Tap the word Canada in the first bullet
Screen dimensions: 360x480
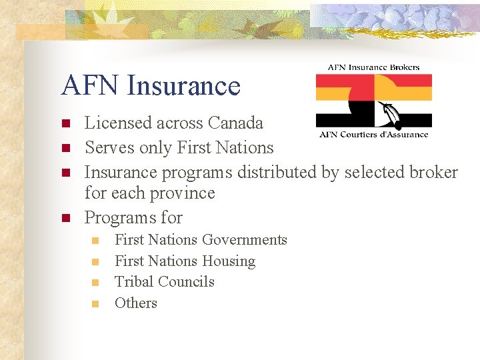[x=235, y=123]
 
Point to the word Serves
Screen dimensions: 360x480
[x=105, y=147]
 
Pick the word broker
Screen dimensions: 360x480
[x=434, y=172]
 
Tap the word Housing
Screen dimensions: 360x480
[x=229, y=261]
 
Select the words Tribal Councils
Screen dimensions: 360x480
[x=164, y=281]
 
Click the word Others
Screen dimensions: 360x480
[x=135, y=303]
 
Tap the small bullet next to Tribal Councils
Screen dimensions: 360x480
[x=96, y=283]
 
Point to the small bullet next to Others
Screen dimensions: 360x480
[x=96, y=304]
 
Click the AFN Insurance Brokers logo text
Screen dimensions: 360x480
[x=373, y=67]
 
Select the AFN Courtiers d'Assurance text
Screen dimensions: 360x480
[x=373, y=134]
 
